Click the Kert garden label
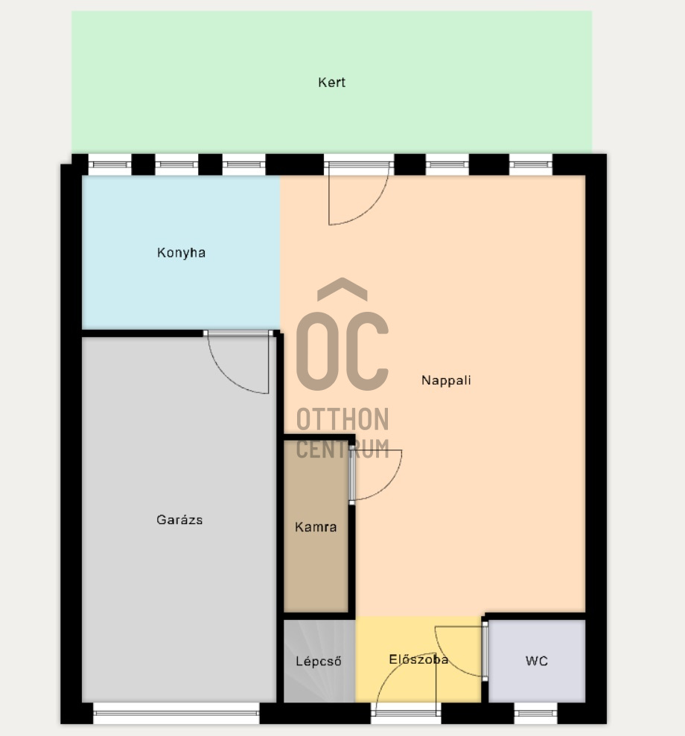coord(331,83)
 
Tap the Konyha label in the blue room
coord(181,252)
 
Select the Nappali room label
coord(446,380)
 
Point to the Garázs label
coord(179,519)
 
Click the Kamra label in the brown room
coord(316,527)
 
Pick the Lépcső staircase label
coord(319,662)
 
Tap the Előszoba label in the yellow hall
coord(418,659)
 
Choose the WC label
coord(537,661)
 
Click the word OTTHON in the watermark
coord(342,419)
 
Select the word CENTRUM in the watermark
coord(342,449)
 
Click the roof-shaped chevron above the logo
coord(342,289)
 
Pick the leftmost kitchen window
coord(110,164)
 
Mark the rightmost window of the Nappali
coord(531,164)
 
